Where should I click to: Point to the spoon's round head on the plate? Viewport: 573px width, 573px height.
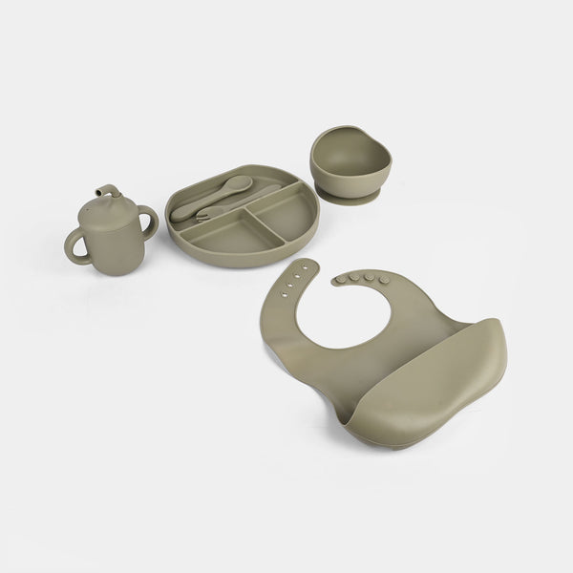point(241,182)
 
